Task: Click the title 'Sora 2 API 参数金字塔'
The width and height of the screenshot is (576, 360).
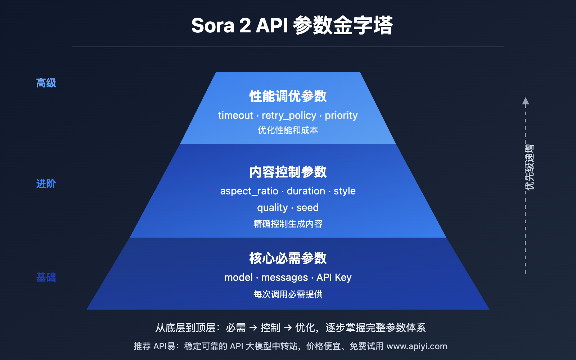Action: (292, 26)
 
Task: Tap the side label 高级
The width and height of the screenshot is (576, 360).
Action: (46, 83)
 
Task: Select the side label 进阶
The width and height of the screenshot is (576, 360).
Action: (46, 184)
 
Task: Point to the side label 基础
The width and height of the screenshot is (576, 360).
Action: (46, 278)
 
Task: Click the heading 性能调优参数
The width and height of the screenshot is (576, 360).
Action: (288, 96)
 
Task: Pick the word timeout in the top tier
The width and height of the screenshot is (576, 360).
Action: (235, 116)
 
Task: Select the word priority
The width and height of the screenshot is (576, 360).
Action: (341, 116)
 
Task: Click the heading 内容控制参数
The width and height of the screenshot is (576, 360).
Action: (288, 172)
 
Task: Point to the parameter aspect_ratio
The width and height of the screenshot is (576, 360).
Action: (249, 191)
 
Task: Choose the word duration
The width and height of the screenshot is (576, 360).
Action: (306, 191)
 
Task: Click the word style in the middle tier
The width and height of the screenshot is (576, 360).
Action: (345, 191)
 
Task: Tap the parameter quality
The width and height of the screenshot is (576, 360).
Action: (272, 208)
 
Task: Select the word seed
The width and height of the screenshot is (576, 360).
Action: (307, 208)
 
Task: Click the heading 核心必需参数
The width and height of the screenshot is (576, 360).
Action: (288, 258)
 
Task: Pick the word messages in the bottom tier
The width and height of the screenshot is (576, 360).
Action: (284, 278)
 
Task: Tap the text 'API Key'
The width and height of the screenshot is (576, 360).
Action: (334, 278)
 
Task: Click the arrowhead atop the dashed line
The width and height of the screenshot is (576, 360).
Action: (526, 101)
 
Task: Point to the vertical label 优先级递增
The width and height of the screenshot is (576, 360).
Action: (530, 167)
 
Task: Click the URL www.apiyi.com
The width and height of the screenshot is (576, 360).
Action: (417, 346)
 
